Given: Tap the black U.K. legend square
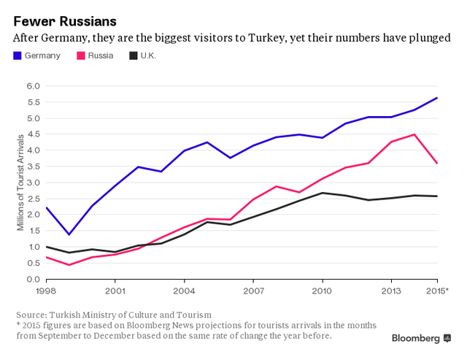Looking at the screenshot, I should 134,55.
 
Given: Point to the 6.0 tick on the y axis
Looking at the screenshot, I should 31,86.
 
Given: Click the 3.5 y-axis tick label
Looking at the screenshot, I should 31,166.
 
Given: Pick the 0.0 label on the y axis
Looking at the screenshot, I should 31,279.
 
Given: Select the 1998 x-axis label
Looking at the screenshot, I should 45,291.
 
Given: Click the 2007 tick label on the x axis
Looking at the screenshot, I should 253,291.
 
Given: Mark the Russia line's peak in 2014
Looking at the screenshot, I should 414,134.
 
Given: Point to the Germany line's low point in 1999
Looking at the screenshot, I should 69,234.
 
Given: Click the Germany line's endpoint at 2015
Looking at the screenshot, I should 437,98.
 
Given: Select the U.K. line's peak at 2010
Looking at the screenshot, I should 323,193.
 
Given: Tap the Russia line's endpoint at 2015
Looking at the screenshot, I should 437,164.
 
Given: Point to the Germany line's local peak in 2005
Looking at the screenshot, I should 207,142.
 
